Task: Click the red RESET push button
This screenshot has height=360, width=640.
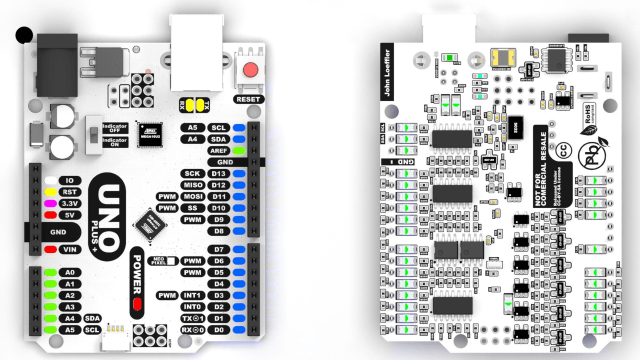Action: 250,72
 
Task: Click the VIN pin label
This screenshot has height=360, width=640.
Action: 70,249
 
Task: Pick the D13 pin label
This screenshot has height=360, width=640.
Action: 219,174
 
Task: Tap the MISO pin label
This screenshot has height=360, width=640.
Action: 192,186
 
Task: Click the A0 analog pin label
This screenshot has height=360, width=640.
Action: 70,272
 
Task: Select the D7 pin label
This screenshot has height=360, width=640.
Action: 219,249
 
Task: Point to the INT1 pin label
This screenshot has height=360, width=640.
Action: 192,296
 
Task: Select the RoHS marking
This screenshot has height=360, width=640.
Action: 590,109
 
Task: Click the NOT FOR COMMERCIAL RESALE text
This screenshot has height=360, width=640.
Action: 543,164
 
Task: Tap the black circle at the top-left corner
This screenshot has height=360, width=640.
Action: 23,36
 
